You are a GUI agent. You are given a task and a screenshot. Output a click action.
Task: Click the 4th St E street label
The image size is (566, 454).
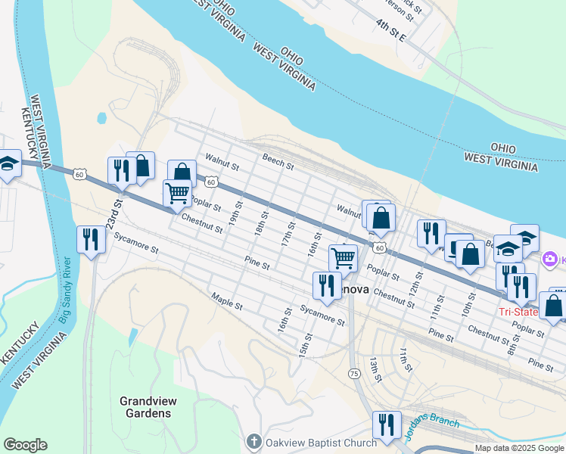(x=393, y=31)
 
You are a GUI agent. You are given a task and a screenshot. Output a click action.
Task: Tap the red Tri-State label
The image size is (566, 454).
(x=518, y=312)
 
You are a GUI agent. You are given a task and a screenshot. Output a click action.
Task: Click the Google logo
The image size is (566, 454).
(x=25, y=445)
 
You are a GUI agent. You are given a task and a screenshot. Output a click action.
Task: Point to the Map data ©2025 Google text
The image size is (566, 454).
(x=518, y=448)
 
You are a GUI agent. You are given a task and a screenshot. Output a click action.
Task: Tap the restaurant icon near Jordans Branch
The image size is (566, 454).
(x=387, y=425)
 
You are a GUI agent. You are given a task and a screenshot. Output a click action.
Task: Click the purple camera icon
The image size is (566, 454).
(x=549, y=260)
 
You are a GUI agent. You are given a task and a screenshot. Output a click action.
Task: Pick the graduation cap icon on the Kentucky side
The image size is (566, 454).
(x=8, y=165)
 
